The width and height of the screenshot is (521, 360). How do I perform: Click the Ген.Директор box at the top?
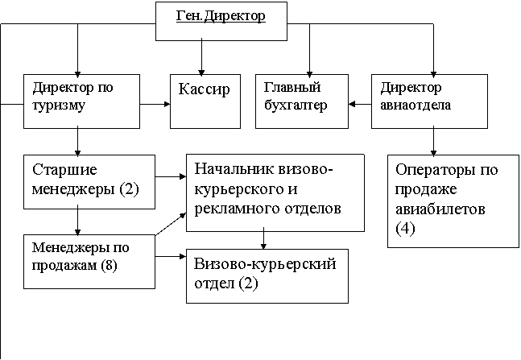pos(220,19)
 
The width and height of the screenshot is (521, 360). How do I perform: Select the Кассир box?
pos(205,101)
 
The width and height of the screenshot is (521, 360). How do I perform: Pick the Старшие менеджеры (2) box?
pos(89,179)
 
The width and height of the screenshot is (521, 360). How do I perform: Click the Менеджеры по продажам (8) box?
pos(89,259)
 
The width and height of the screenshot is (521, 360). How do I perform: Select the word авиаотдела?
pos(416,105)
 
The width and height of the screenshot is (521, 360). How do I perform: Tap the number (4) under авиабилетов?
pos(406,229)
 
